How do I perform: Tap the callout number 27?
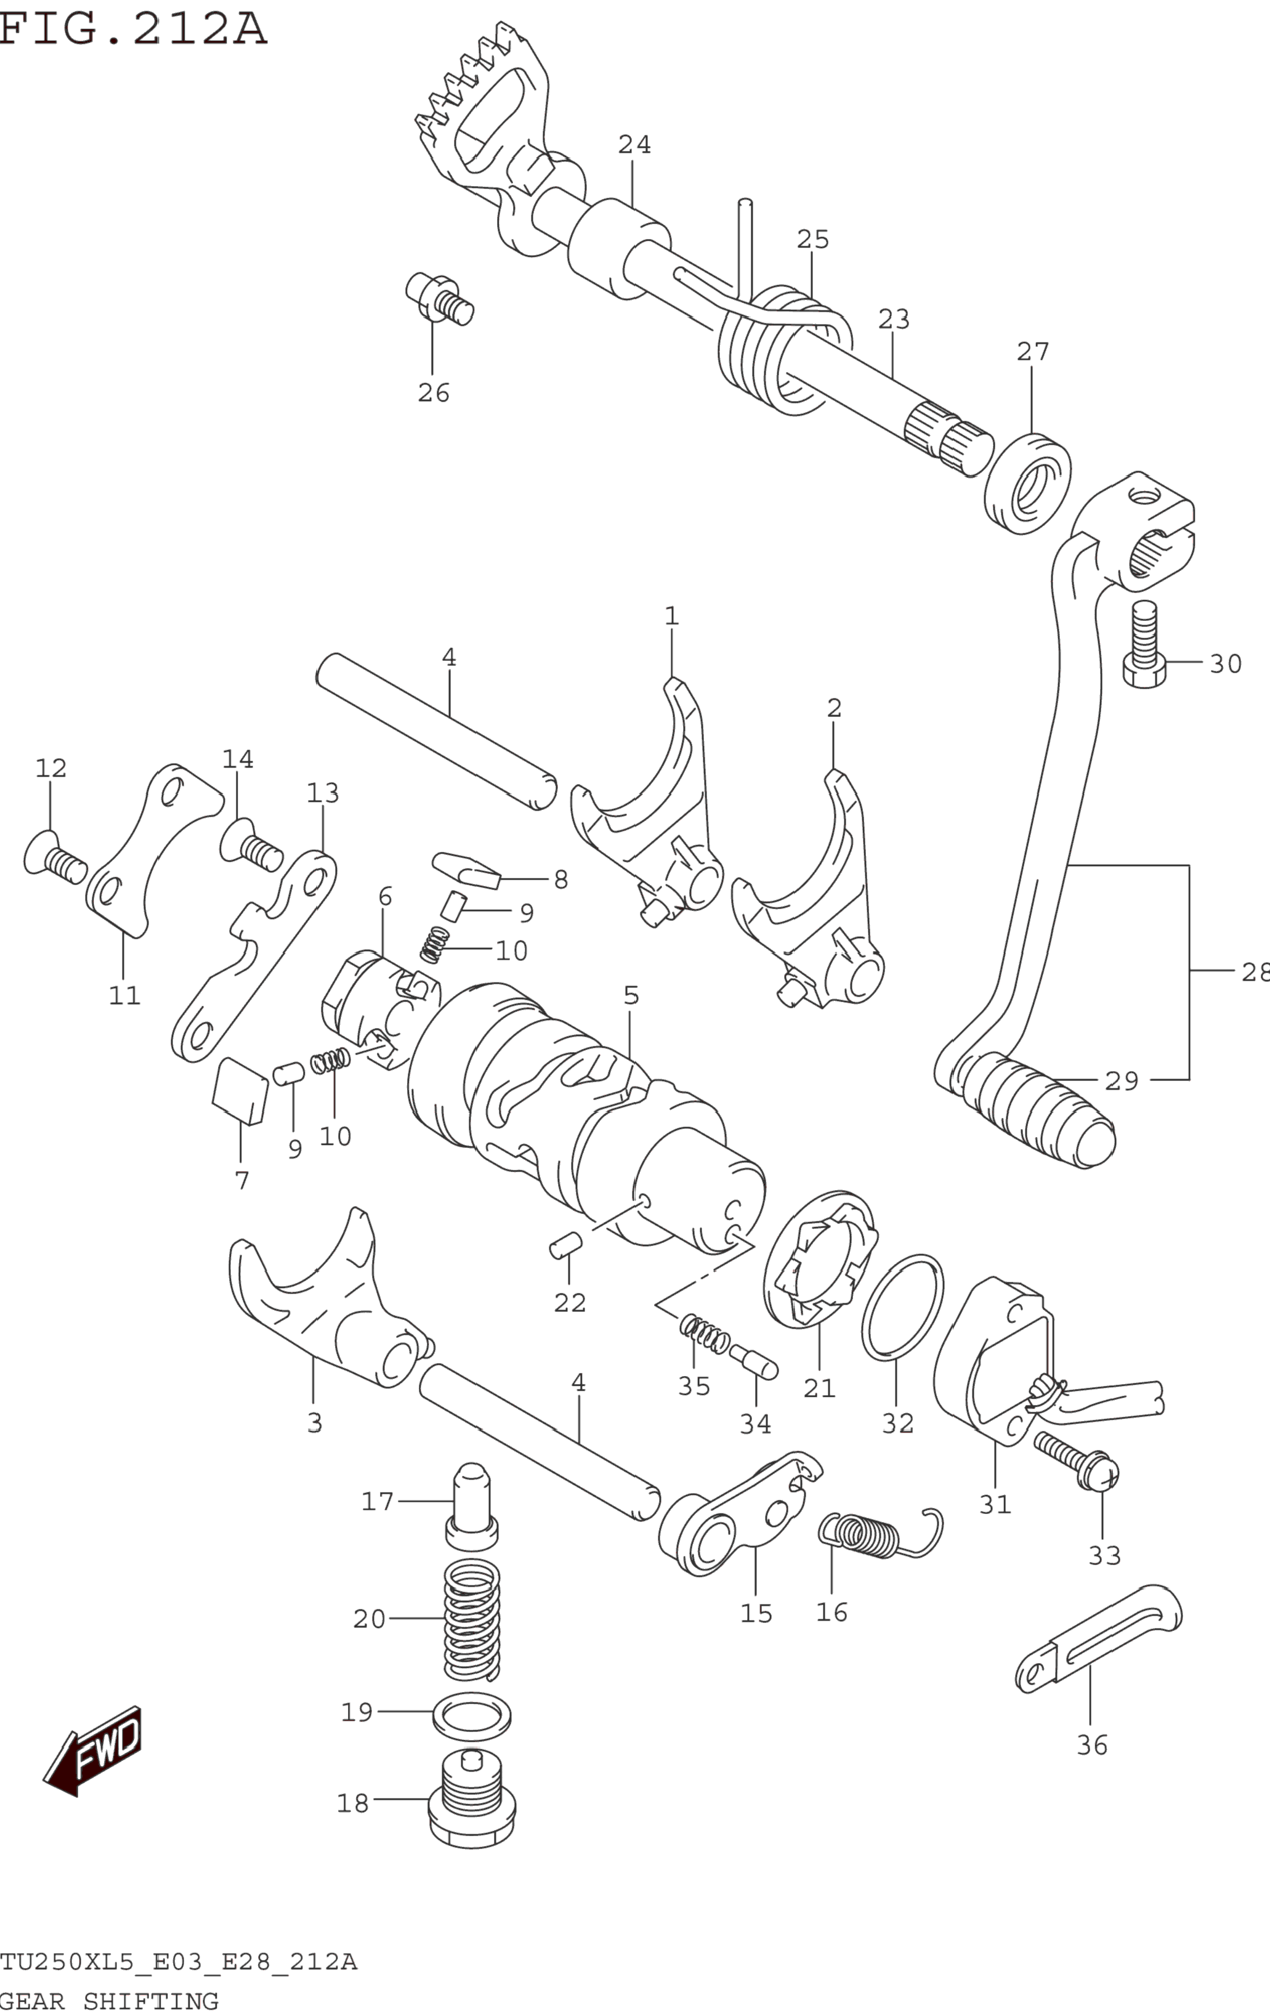pos(1032,352)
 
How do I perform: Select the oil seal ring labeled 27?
pos(1027,484)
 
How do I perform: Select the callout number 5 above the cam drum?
pos(631,995)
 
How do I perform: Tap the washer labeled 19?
pos(471,1714)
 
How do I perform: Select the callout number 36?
pos(1091,1746)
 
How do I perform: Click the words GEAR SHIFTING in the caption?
pos(109,2001)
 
